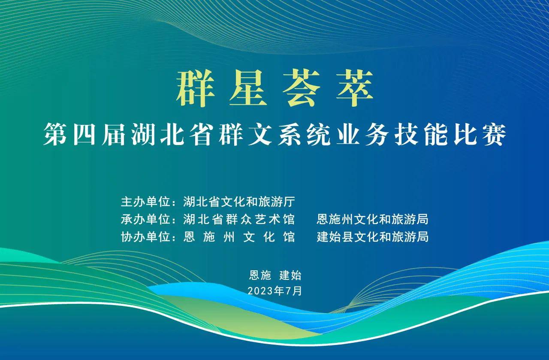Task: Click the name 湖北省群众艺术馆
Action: point(239,219)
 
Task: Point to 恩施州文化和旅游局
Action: point(372,219)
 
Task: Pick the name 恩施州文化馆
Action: point(239,237)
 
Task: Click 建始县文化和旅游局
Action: point(372,237)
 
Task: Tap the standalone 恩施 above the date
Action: point(260,275)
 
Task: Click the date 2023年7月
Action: point(275,291)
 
